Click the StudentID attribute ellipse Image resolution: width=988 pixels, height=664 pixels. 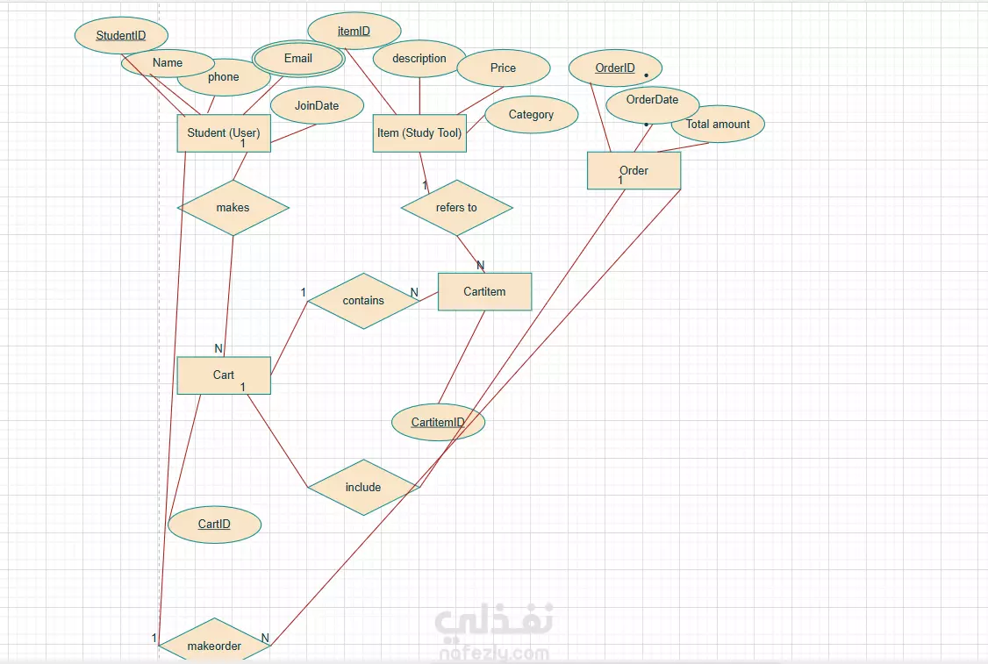point(121,36)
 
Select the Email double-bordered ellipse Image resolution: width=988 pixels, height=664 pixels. point(298,59)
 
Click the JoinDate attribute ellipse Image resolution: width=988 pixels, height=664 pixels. point(317,105)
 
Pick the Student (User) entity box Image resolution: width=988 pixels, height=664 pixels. point(224,133)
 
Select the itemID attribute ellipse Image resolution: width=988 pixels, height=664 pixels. point(354,31)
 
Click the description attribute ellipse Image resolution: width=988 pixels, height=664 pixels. point(419,59)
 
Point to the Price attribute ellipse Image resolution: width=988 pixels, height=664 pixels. point(504,68)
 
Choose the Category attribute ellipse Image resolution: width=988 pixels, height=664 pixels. point(532,114)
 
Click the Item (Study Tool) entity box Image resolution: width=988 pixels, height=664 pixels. point(419,133)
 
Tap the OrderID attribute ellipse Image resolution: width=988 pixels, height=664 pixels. point(615,68)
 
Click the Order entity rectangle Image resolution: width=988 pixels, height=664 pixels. point(634,170)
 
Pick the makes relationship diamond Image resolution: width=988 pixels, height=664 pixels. point(233,208)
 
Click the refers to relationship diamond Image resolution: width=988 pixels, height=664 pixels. point(456,208)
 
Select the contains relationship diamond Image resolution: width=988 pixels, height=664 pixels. point(363,300)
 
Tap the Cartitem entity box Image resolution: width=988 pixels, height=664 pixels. point(484,291)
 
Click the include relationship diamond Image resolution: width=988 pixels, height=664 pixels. point(363,487)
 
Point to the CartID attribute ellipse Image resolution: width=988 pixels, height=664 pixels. point(214,525)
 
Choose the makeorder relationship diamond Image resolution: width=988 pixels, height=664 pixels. point(214,646)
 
